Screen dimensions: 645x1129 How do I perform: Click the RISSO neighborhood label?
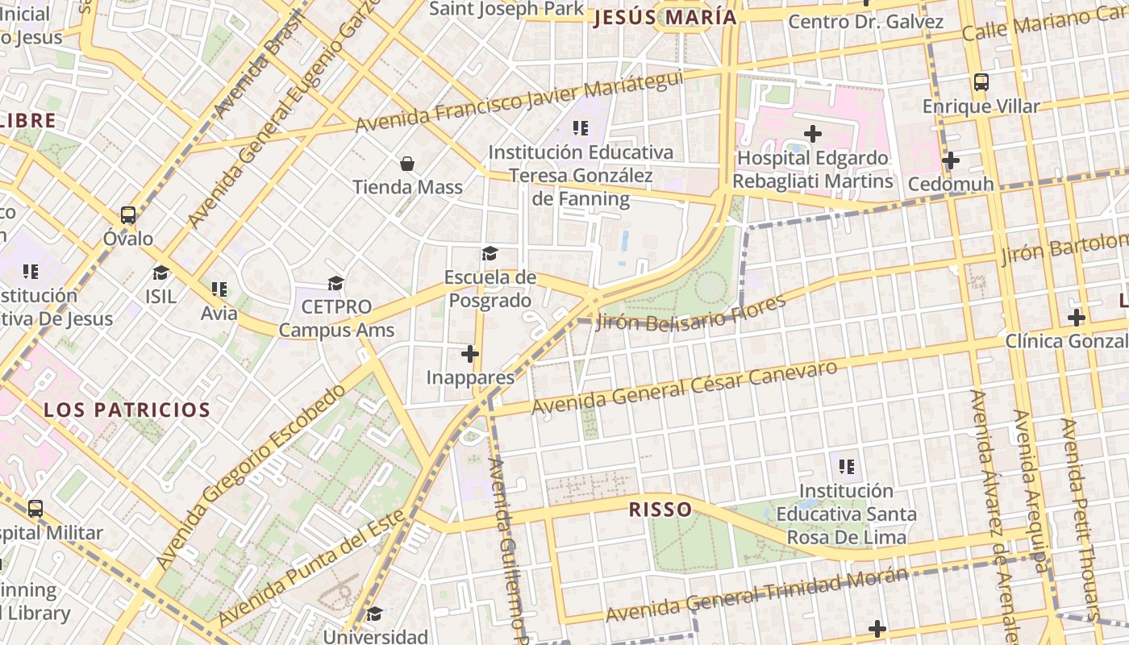[660, 509]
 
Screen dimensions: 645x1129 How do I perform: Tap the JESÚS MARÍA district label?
[665, 18]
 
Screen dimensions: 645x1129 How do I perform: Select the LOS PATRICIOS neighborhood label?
[127, 410]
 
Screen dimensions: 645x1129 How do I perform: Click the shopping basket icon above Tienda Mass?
[407, 164]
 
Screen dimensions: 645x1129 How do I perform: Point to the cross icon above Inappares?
[470, 353]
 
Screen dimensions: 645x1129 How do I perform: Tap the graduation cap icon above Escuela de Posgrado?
[490, 254]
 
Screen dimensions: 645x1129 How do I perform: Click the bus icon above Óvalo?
[128, 214]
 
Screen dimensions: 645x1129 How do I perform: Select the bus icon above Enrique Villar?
[981, 81]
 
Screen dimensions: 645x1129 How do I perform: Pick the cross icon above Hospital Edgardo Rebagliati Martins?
[813, 133]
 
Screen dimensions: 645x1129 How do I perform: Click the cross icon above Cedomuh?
[951, 160]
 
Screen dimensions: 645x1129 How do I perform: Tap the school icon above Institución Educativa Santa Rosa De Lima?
[846, 466]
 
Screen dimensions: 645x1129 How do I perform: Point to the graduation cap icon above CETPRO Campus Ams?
[335, 283]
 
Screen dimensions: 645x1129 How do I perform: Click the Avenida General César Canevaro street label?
[685, 387]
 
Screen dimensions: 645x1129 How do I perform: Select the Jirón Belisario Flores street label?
[691, 314]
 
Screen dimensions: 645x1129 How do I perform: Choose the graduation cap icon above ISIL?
[160, 272]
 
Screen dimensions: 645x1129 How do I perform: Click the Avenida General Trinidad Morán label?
[757, 594]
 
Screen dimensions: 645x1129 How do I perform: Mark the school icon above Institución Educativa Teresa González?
[580, 127]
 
